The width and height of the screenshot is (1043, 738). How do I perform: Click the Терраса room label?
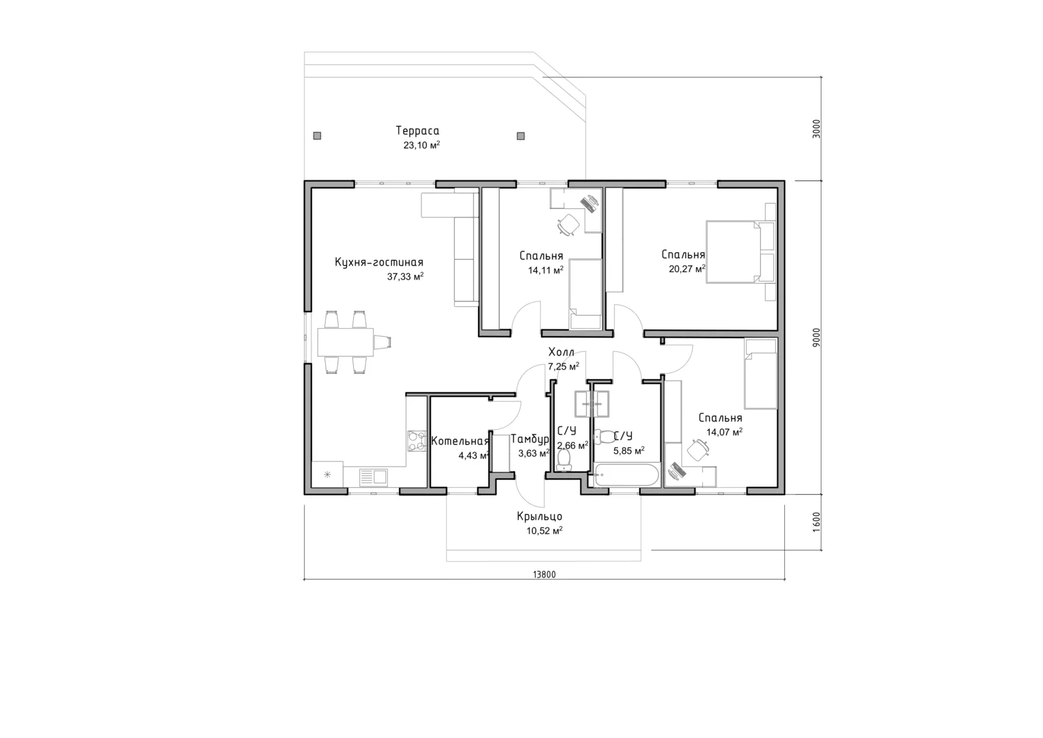(x=417, y=131)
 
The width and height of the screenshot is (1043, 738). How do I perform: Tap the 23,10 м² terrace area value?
(x=421, y=145)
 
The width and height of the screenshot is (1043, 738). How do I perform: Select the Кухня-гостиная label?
(x=379, y=262)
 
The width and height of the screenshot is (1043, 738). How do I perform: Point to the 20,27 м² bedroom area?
(x=687, y=269)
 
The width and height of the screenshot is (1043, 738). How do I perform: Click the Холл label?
(x=561, y=352)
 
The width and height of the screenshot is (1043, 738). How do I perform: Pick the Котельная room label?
(x=460, y=441)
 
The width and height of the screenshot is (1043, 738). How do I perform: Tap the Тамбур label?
(x=530, y=439)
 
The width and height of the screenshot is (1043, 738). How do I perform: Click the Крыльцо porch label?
(x=539, y=516)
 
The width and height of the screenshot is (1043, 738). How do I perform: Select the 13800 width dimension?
(x=544, y=575)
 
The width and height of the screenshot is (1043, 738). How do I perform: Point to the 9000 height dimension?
(x=816, y=337)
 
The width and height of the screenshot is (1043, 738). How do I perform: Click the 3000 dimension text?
(x=816, y=128)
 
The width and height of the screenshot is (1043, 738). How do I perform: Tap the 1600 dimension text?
(x=816, y=522)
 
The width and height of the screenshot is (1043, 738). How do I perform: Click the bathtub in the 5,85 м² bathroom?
(x=626, y=475)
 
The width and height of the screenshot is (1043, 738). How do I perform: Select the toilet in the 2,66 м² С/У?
(x=564, y=460)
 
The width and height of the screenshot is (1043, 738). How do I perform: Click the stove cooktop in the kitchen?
(x=91, y=441)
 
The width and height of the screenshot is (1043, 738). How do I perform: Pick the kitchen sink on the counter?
(x=374, y=477)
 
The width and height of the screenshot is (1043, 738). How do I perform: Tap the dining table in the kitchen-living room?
(x=346, y=342)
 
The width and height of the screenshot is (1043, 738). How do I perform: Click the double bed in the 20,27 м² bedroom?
(x=733, y=252)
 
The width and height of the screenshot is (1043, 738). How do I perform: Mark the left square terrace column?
(x=317, y=136)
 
